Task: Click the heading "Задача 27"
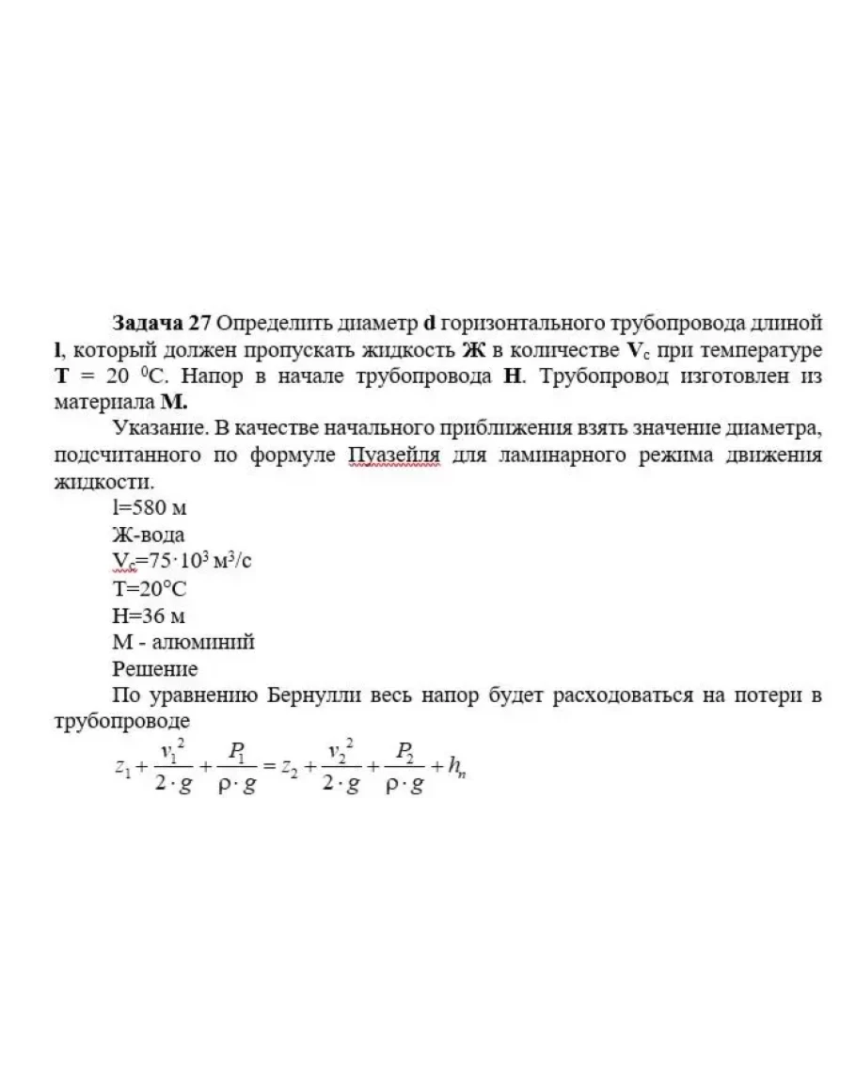pyautogui.click(x=161, y=323)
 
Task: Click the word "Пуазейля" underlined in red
pyautogui.click(x=393, y=456)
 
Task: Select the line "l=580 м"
pyautogui.click(x=149, y=508)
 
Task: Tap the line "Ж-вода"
pyautogui.click(x=149, y=536)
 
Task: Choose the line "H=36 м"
pyautogui.click(x=149, y=616)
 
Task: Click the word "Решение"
pyautogui.click(x=155, y=669)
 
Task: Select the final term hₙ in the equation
pyautogui.click(x=459, y=769)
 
